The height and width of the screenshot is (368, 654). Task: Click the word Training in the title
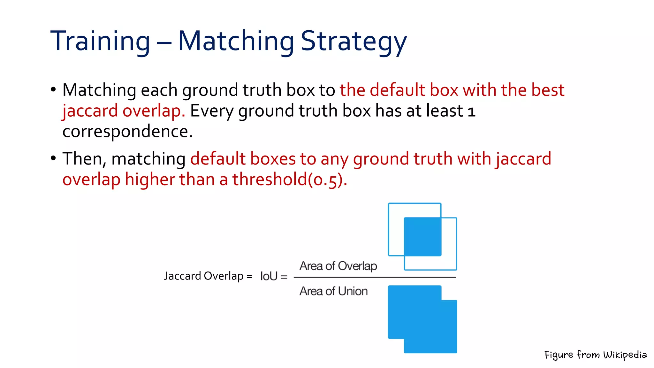click(100, 41)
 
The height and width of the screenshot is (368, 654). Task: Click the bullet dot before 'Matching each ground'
click(53, 89)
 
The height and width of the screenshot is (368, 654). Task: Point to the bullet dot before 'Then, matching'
click(53, 158)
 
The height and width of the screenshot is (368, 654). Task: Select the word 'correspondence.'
click(127, 131)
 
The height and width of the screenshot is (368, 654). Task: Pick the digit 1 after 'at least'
click(471, 112)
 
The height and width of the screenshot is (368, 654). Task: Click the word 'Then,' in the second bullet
click(84, 159)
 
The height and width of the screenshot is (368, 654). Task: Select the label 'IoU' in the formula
click(269, 276)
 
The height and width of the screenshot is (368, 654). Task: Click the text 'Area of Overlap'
click(338, 266)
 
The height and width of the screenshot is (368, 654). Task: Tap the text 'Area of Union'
click(333, 291)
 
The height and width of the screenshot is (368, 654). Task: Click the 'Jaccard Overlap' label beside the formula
click(204, 276)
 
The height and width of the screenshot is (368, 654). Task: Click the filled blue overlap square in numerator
click(422, 237)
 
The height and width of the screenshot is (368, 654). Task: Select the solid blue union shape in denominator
click(422, 319)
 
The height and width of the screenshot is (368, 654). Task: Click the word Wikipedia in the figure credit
click(625, 355)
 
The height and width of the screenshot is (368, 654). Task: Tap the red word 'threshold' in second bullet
click(270, 179)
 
